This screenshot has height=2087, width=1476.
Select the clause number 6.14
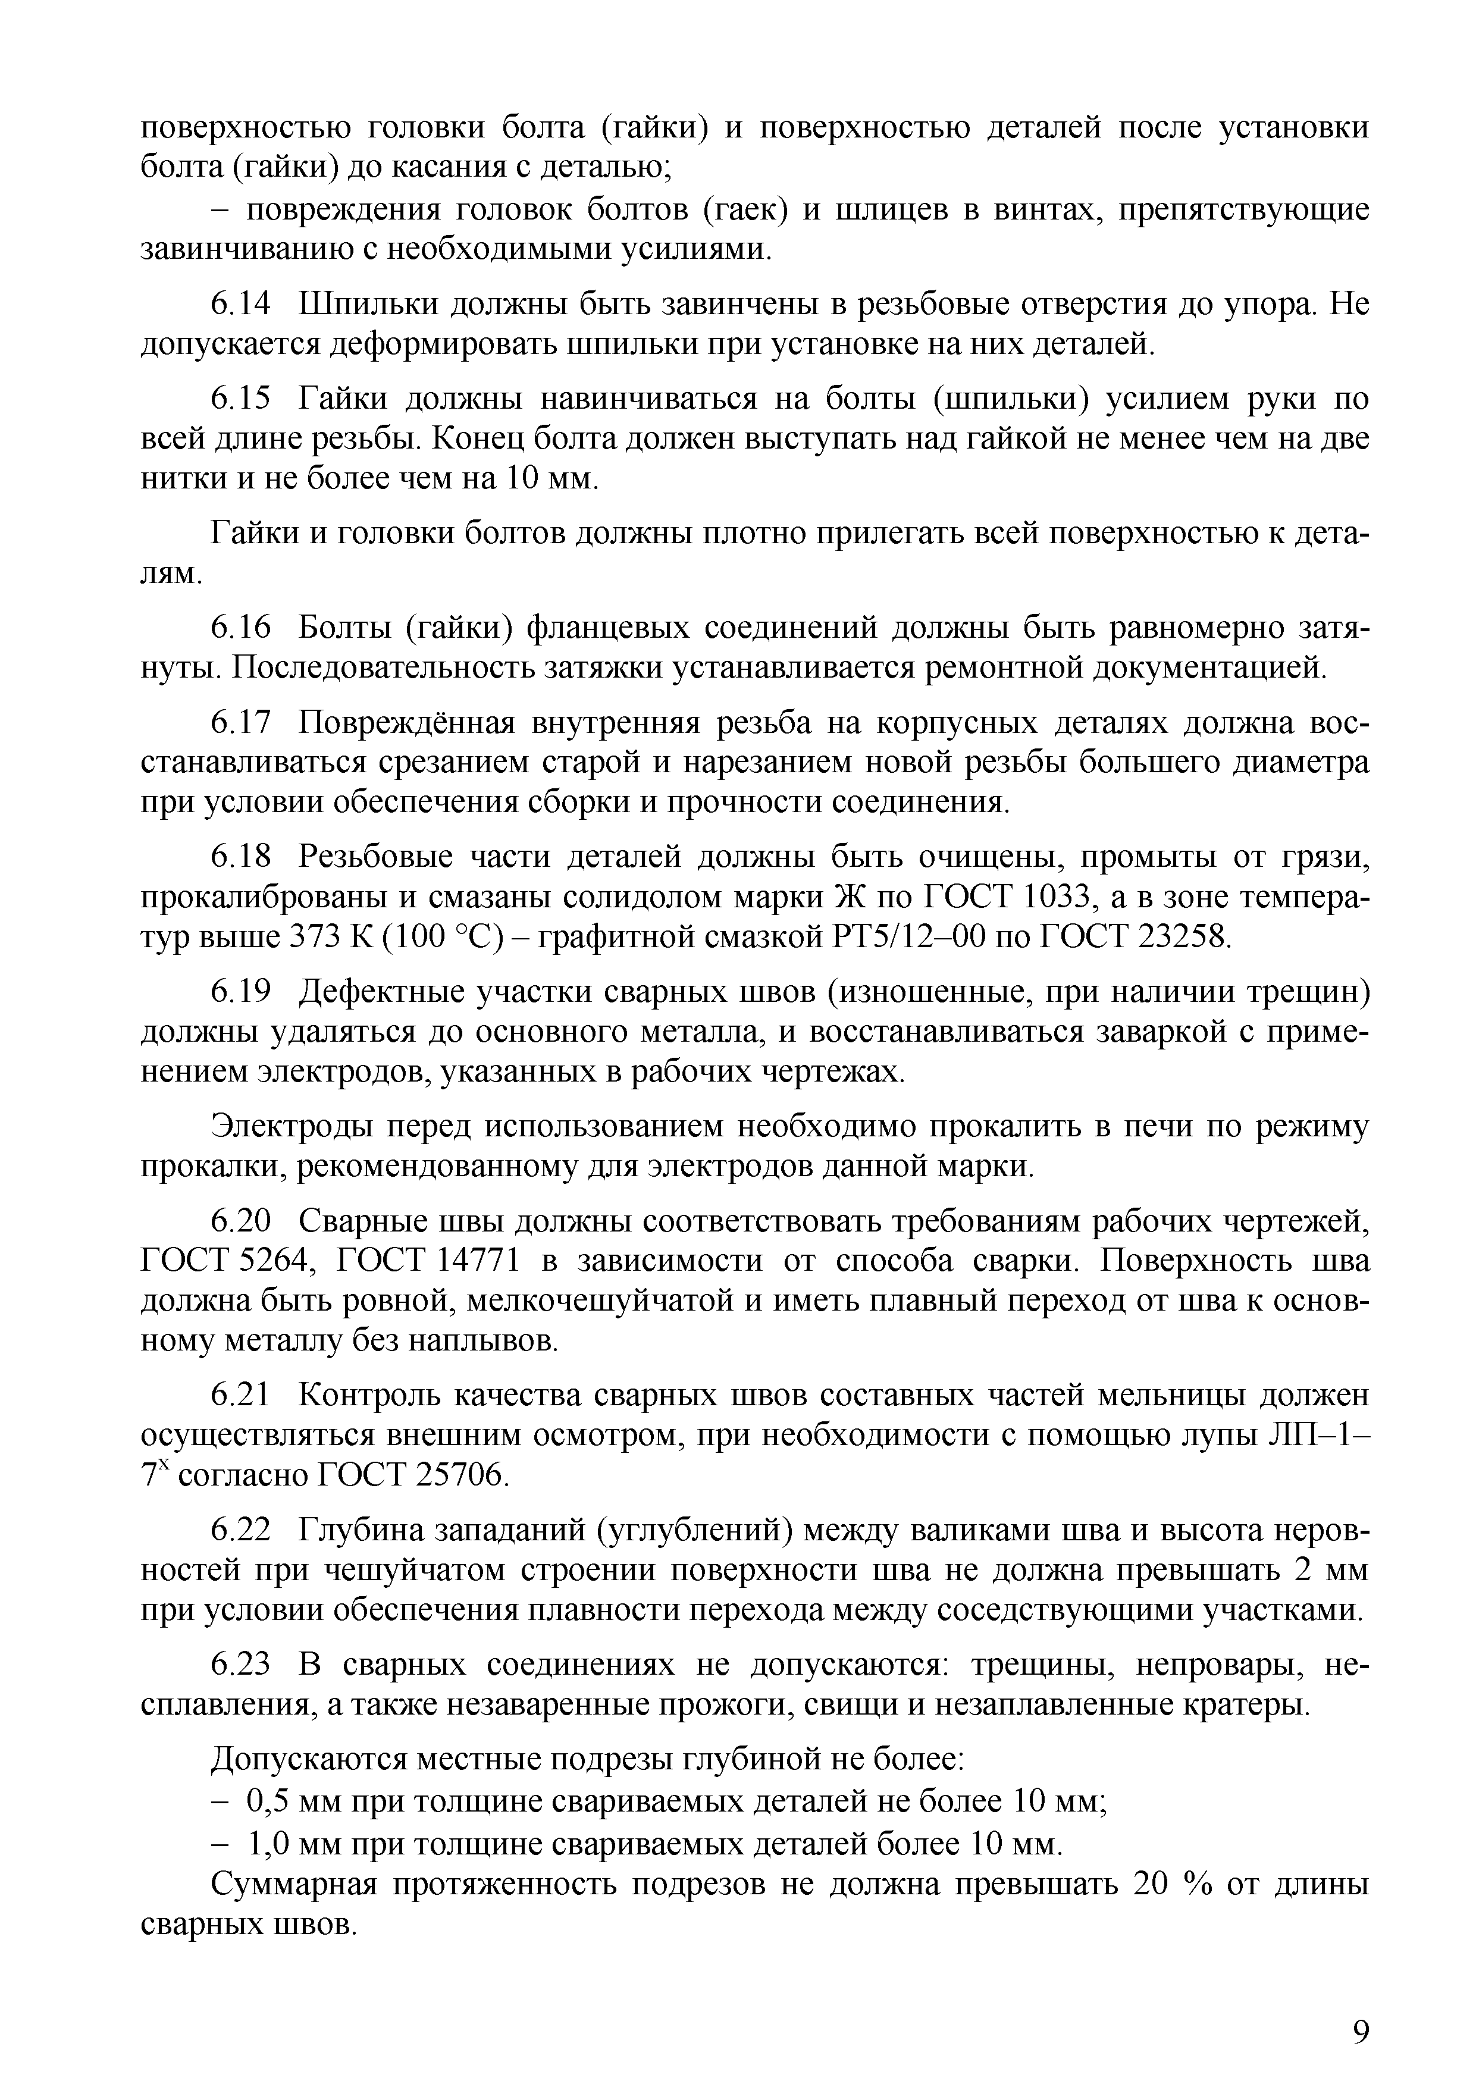(x=241, y=305)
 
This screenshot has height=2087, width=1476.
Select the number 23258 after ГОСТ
(x=1180, y=937)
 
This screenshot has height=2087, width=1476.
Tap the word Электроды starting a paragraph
(x=293, y=1127)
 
